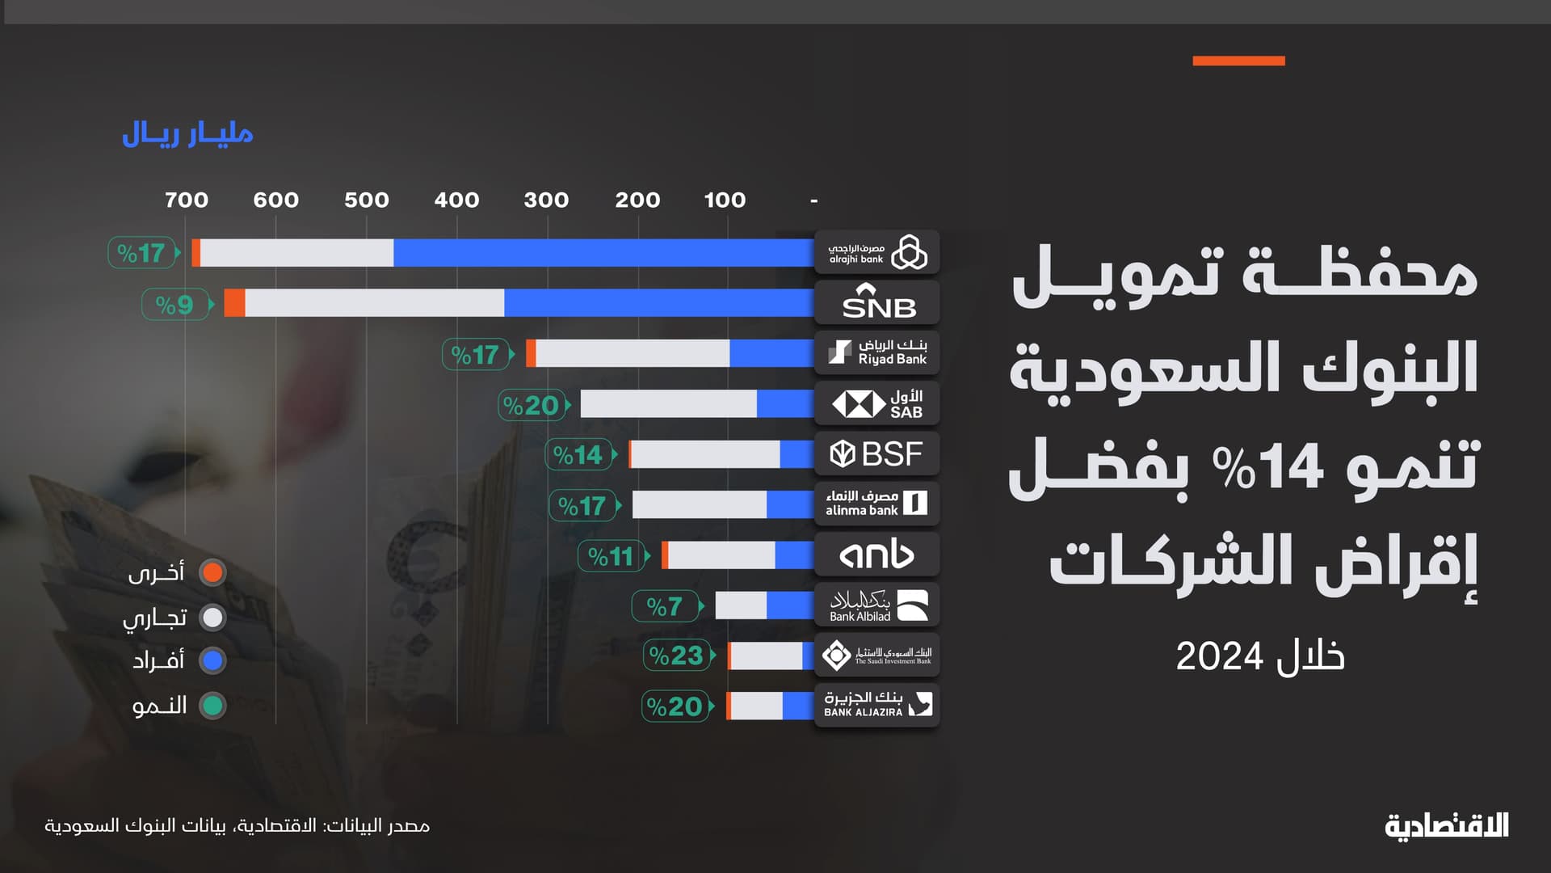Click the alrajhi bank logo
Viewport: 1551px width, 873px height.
point(877,252)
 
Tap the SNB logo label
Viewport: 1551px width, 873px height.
point(877,302)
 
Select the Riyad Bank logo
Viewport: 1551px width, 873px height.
point(877,352)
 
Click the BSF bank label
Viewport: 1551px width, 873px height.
point(877,453)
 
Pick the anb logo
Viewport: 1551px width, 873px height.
point(877,555)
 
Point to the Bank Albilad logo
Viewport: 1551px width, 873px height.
point(877,605)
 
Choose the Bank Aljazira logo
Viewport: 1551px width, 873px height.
point(877,704)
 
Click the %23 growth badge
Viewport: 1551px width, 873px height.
point(677,656)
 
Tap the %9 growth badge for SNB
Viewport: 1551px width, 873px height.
point(174,305)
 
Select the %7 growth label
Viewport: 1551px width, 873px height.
point(665,605)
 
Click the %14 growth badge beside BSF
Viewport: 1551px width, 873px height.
point(578,455)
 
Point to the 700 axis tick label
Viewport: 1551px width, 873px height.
point(187,200)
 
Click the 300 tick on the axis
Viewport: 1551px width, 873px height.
point(546,200)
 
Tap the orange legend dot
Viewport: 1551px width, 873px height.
point(212,572)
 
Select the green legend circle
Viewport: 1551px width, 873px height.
point(212,706)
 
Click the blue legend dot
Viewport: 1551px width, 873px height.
point(212,661)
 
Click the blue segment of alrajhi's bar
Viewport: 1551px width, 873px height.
point(603,253)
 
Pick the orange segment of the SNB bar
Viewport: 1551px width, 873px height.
point(234,303)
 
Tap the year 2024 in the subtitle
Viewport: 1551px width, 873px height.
point(1219,656)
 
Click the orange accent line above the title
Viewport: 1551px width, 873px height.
point(1238,61)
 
